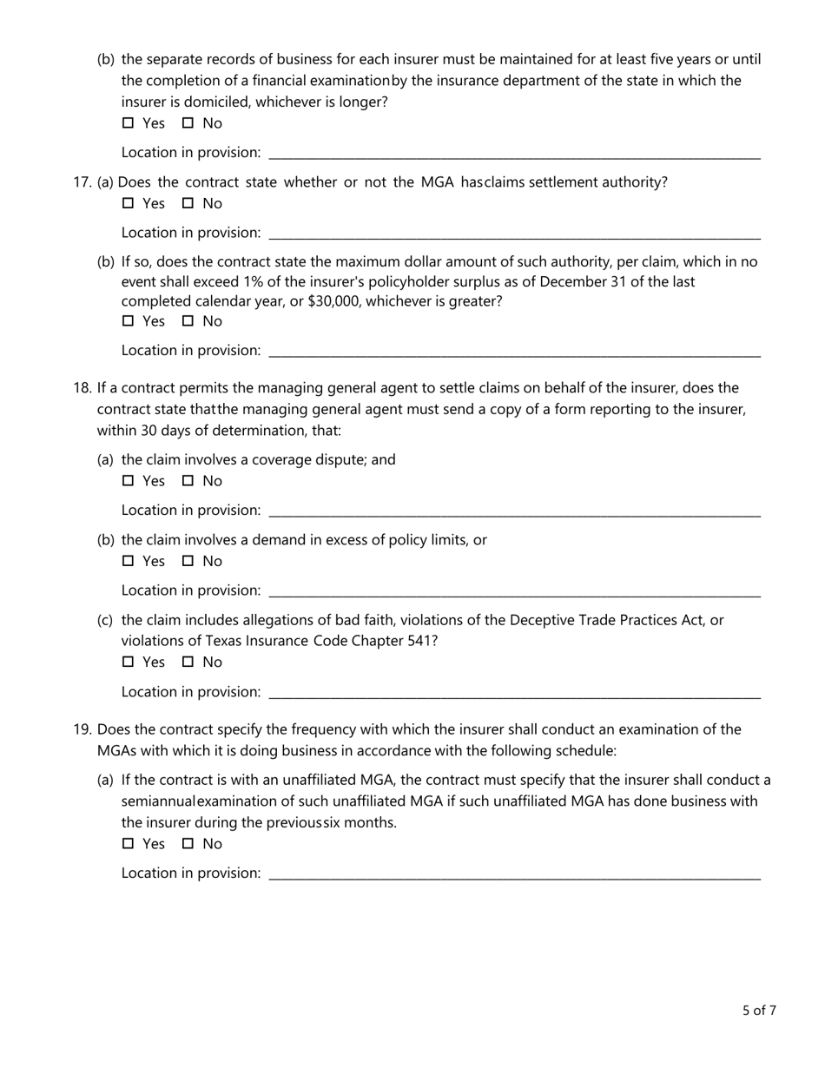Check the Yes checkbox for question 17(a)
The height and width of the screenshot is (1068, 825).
tap(129, 204)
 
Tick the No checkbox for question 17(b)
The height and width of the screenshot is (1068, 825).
tap(188, 321)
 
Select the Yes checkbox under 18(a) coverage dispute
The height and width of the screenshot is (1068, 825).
tap(129, 481)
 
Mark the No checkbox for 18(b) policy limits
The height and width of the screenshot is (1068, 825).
tap(188, 561)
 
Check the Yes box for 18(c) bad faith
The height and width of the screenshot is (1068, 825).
tap(129, 663)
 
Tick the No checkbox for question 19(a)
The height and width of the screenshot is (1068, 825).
tap(188, 844)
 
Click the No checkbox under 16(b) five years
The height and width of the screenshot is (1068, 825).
tap(188, 123)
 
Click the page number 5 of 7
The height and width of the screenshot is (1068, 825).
tap(759, 1011)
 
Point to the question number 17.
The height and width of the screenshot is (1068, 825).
tap(82, 182)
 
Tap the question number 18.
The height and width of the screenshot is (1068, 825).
tap(82, 388)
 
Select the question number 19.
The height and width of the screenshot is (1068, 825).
tap(82, 729)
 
